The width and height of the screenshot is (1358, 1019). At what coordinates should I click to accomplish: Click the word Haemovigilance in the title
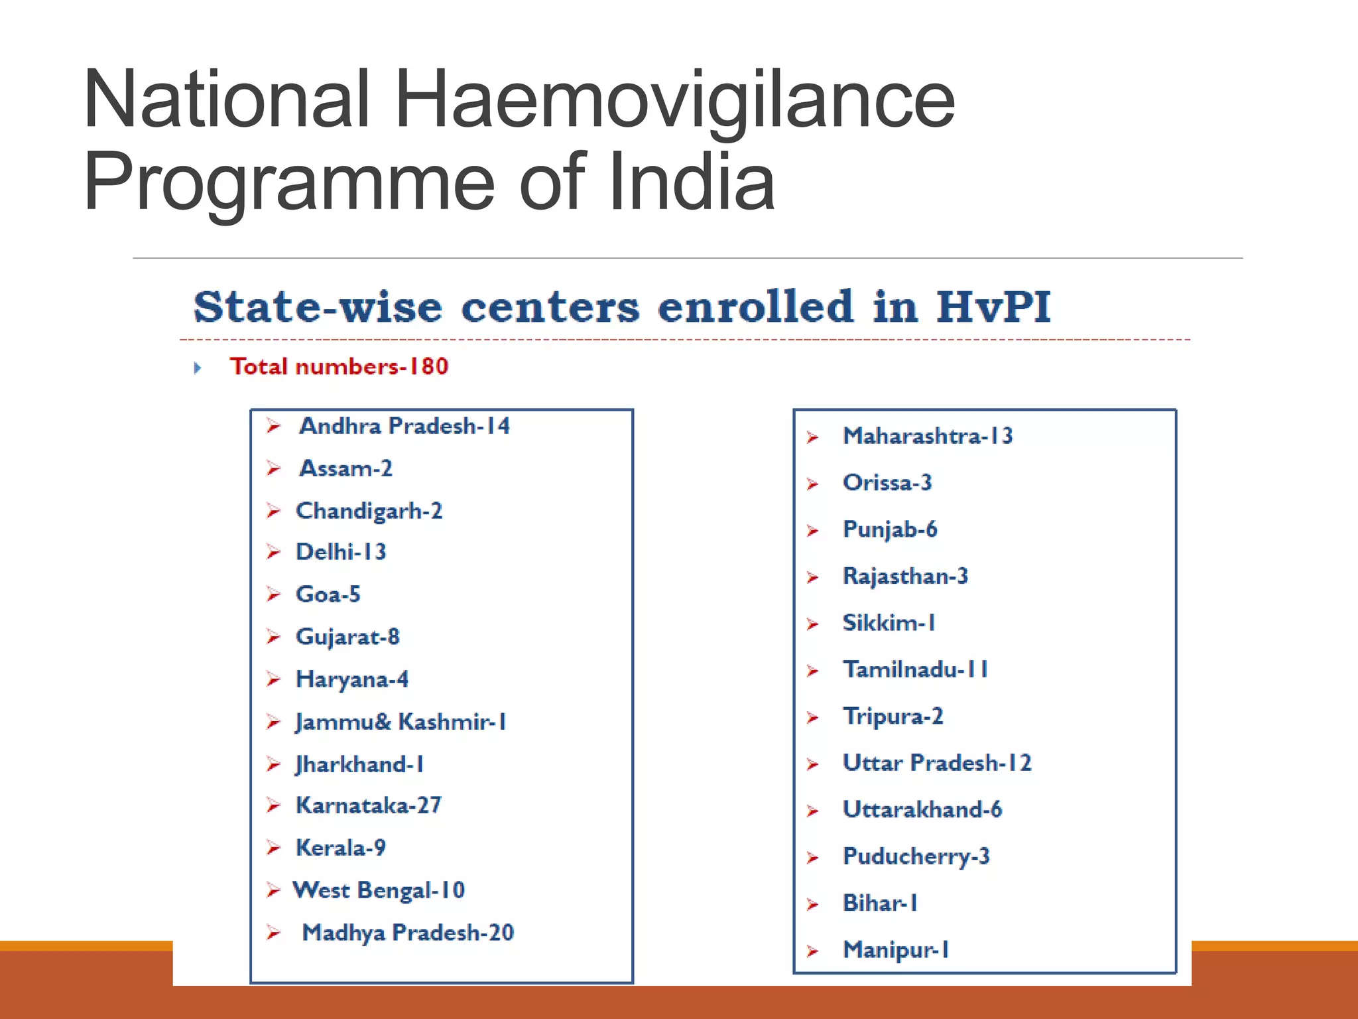674,100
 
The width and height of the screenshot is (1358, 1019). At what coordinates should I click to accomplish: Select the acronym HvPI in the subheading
993,306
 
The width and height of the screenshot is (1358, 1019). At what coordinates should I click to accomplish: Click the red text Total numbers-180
339,366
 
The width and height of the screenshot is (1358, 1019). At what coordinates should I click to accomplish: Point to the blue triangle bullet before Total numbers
197,368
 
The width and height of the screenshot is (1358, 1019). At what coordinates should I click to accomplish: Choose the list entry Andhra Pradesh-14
404,426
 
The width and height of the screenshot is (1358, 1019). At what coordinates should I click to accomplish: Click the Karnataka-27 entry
368,805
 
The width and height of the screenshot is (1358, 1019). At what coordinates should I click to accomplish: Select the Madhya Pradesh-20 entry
408,933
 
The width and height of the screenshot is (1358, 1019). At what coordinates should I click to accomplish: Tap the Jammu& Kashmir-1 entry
401,722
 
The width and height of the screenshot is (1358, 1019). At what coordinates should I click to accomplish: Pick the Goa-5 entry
328,594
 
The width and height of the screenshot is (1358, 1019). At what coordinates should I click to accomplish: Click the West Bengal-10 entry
379,890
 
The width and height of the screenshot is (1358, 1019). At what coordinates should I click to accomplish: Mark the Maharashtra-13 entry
928,436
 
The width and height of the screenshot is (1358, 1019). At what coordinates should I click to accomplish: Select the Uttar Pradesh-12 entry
937,763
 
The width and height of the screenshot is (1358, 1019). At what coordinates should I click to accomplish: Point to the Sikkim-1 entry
889,623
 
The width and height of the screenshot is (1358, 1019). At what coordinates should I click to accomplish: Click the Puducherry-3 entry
916,856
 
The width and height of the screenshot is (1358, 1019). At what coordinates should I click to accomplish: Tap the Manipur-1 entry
895,950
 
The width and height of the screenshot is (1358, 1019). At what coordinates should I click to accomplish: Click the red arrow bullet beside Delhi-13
273,552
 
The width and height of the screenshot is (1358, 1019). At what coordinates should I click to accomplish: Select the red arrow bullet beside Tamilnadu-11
813,671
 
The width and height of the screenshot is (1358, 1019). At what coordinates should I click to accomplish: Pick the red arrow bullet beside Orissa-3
813,484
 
